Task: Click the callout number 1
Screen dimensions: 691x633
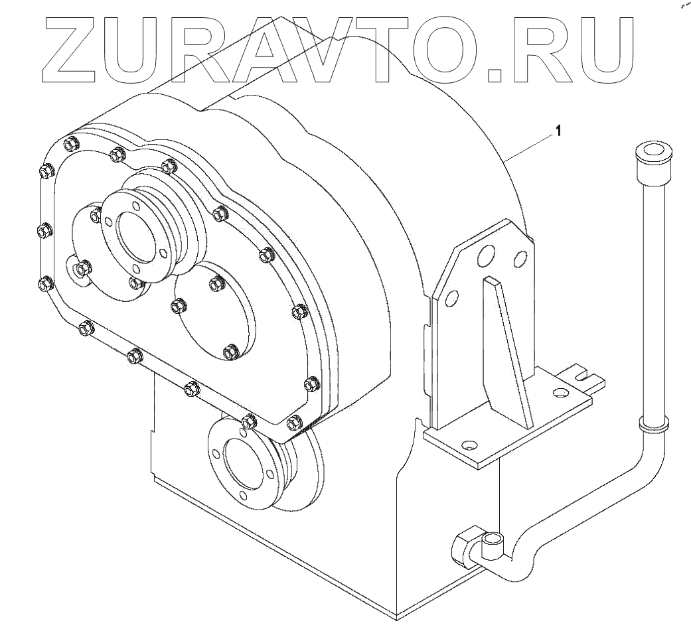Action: coord(558,131)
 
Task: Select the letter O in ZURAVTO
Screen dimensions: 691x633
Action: coord(454,46)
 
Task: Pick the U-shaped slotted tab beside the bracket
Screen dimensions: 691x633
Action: coord(584,378)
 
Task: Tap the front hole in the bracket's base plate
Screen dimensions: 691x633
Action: coord(471,445)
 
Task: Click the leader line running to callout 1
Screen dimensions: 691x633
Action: coord(531,145)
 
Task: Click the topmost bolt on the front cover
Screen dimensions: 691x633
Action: coord(71,143)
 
